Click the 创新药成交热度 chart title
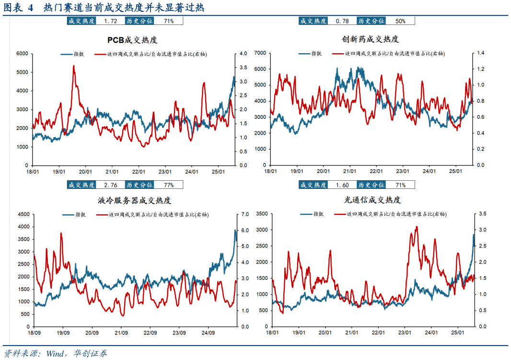(370, 39)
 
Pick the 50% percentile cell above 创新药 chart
(400, 21)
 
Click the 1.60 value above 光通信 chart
(342, 185)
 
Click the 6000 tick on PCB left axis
(23, 54)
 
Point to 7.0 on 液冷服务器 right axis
(244, 214)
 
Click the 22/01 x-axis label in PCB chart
(139, 171)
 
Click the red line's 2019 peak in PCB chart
(74, 66)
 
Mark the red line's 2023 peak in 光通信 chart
(416, 227)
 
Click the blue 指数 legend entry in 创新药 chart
(310, 54)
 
